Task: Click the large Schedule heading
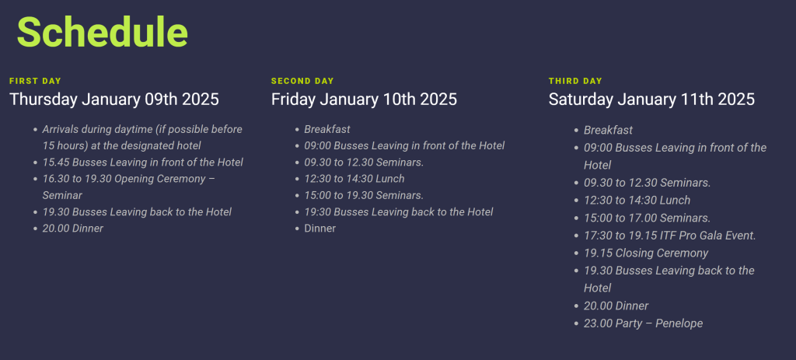tap(102, 33)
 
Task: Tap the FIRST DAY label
tap(35, 81)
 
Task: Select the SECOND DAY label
tap(302, 81)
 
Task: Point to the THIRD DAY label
tap(575, 81)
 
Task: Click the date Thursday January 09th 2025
tap(114, 100)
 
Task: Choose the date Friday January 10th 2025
tap(364, 100)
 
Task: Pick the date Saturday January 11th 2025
tap(651, 100)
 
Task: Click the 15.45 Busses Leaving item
tap(142, 163)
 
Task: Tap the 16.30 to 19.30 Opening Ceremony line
tap(129, 179)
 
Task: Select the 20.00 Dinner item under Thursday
tap(72, 229)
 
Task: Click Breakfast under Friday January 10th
tap(327, 129)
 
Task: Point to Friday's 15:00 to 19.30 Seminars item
tap(364, 195)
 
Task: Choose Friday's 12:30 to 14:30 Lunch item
tap(354, 179)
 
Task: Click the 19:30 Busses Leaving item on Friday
tap(399, 211)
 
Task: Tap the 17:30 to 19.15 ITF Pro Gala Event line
tap(669, 236)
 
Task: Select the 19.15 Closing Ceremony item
tap(646, 253)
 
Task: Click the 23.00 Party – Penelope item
tap(643, 323)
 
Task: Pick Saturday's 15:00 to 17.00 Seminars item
tap(647, 218)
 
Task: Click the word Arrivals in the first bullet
tap(61, 129)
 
